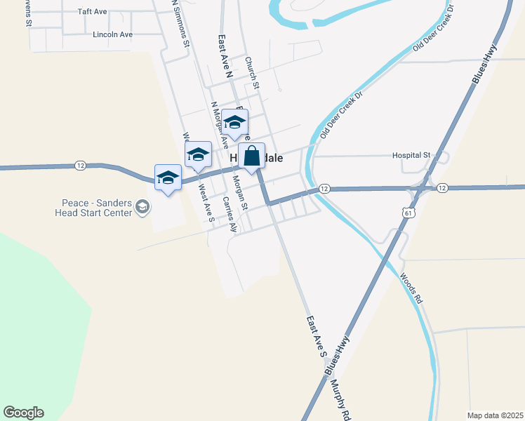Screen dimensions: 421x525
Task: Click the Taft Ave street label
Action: pyautogui.click(x=92, y=12)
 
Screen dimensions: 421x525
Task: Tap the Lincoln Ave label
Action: pyautogui.click(x=112, y=34)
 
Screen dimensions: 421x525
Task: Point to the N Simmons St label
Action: pyautogui.click(x=181, y=24)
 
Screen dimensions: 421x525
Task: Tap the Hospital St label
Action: pyautogui.click(x=411, y=154)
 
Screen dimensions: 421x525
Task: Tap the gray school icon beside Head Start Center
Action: pyautogui.click(x=142, y=206)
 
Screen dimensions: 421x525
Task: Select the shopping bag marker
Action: pyautogui.click(x=252, y=156)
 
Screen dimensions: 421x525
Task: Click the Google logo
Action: pyautogui.click(x=23, y=413)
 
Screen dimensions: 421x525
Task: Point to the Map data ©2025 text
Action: pyautogui.click(x=495, y=415)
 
